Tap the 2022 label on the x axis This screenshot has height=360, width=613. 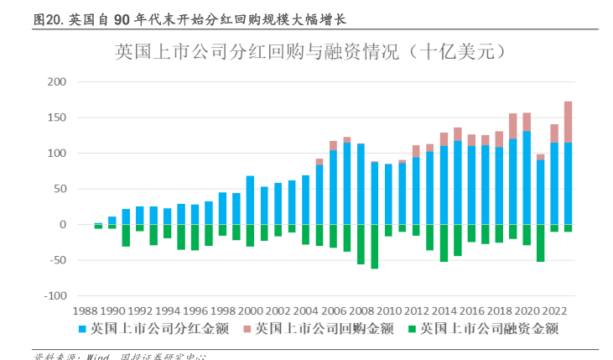pos(554,310)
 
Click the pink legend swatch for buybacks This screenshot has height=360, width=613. pos(247,328)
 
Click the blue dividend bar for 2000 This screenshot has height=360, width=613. pos(250,200)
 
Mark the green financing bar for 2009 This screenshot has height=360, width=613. pos(374,247)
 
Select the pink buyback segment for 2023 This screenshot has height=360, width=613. pos(568,122)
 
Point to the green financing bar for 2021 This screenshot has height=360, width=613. pos(540,243)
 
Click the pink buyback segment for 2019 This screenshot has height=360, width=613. pos(512,126)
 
